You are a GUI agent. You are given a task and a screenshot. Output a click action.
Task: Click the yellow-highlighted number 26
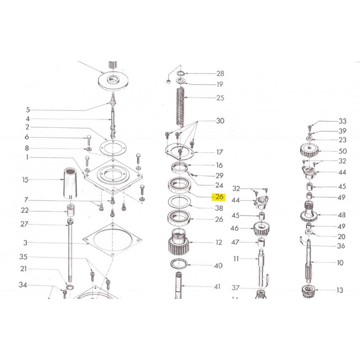click(x=219, y=197)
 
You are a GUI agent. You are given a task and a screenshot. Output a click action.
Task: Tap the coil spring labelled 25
click(x=181, y=107)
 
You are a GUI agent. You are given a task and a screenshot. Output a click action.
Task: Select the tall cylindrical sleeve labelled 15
click(x=70, y=184)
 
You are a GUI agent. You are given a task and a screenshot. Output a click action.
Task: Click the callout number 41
click(x=217, y=287)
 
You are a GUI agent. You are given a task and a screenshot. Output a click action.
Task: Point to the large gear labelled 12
click(x=179, y=242)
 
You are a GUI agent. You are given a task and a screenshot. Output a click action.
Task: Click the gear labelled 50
click(x=309, y=150)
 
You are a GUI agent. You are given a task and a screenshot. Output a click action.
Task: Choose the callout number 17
click(x=220, y=152)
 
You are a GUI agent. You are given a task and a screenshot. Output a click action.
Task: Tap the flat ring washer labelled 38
click(x=180, y=202)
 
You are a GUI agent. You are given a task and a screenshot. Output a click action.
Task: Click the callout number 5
click(x=28, y=110)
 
